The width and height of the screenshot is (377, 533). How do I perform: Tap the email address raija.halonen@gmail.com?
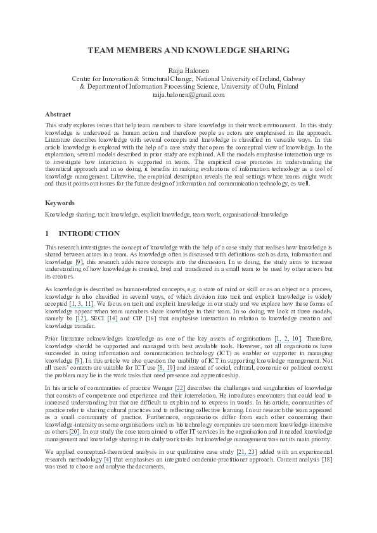point(188,94)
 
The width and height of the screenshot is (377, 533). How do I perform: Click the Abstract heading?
point(58,114)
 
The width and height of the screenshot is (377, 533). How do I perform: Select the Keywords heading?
point(60,203)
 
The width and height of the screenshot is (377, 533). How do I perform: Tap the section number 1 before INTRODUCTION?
point(48,234)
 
